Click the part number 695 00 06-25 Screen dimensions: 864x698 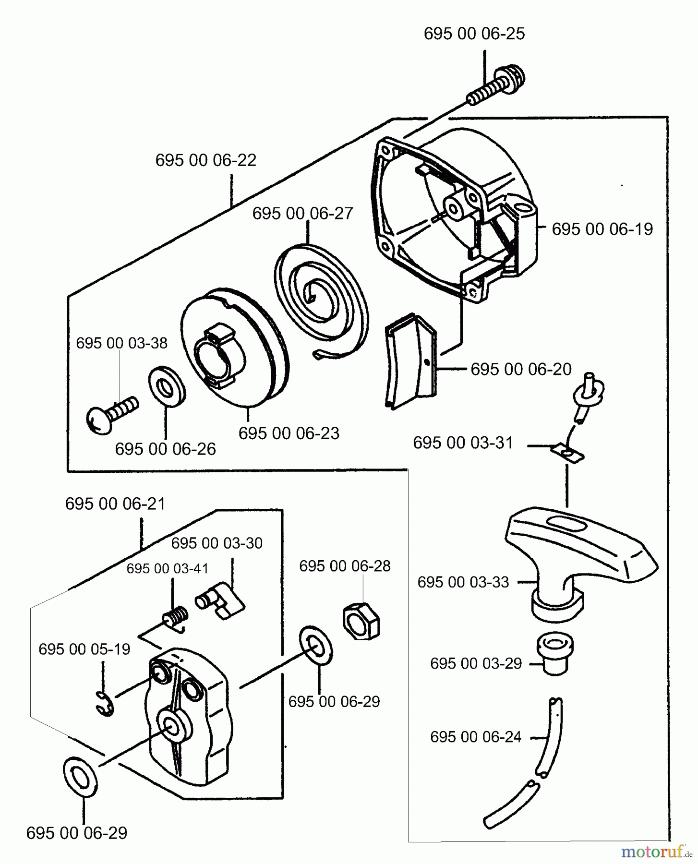[x=474, y=34]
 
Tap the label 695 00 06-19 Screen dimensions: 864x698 [x=602, y=229]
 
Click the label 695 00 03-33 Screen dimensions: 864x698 [x=463, y=582]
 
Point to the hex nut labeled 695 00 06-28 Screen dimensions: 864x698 [x=361, y=620]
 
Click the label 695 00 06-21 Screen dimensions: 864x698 [x=115, y=504]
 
